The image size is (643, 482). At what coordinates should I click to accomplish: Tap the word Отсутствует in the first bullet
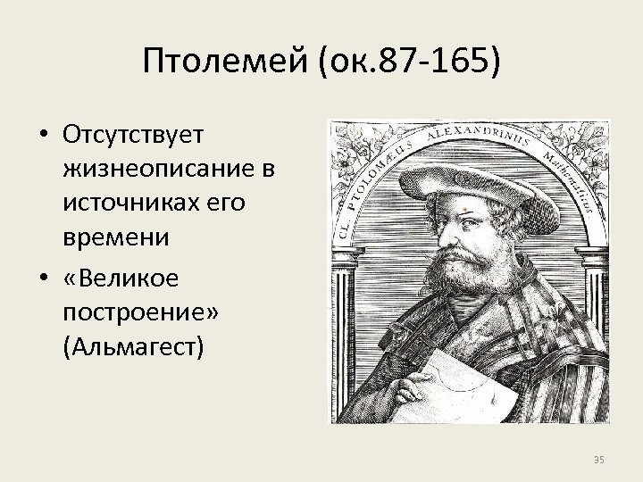click(x=135, y=134)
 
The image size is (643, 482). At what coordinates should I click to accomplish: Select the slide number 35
click(x=599, y=460)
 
